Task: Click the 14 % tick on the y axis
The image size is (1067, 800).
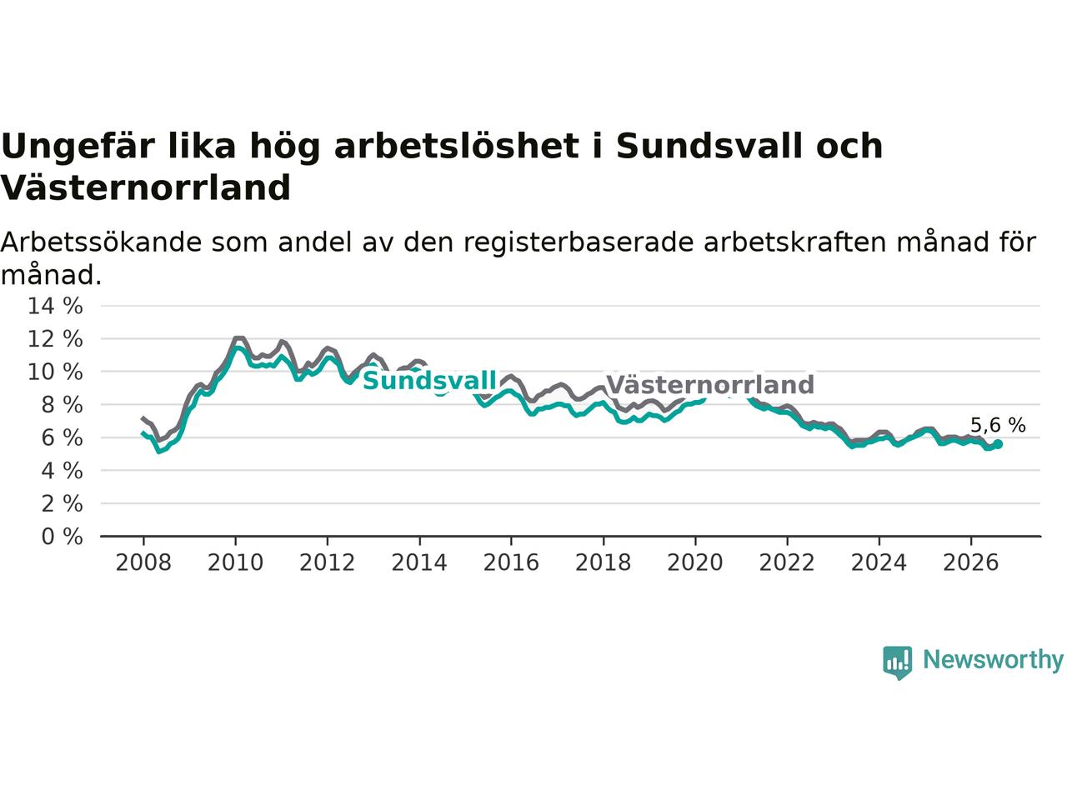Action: point(55,306)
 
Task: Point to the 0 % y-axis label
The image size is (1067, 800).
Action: point(63,537)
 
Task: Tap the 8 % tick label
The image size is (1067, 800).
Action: point(63,405)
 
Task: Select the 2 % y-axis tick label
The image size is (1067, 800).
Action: point(63,503)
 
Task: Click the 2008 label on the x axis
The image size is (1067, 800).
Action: point(143,563)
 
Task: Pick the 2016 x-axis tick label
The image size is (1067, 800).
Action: point(511,563)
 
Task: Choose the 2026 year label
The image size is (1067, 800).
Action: point(971,563)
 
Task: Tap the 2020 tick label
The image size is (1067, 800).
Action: point(694,563)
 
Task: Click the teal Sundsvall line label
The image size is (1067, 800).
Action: point(429,380)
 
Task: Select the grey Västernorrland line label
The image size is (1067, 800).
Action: point(710,385)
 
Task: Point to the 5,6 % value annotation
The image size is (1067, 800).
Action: point(998,425)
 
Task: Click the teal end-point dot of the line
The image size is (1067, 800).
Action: point(998,444)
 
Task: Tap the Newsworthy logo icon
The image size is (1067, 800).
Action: point(897,662)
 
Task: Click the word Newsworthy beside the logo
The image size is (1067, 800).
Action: point(993,660)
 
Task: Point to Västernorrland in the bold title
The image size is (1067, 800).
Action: point(145,187)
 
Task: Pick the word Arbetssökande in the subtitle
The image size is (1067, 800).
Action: point(101,242)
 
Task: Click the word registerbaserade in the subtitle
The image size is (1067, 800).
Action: point(578,242)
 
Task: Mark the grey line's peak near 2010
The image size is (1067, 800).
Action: point(238,338)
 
